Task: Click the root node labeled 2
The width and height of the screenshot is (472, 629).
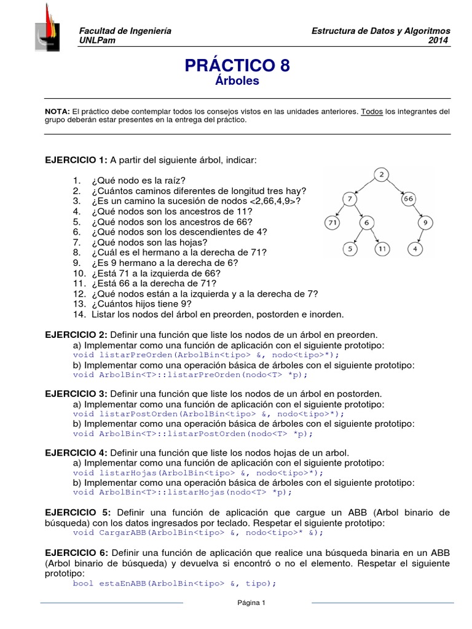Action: [382, 175]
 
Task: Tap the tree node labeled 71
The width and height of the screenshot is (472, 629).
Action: [332, 222]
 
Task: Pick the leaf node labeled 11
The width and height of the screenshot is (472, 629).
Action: [382, 249]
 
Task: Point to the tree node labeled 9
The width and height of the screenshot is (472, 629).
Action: [424, 222]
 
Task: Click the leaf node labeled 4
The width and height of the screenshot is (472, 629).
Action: [415, 249]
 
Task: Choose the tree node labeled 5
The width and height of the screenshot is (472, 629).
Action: [349, 249]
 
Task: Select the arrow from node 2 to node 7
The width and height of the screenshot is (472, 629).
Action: [365, 187]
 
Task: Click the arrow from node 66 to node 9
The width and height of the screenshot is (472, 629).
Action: [418, 211]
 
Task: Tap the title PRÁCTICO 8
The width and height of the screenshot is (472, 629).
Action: [237, 65]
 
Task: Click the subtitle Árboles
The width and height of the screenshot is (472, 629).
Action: [237, 81]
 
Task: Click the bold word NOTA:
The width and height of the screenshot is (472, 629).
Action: [58, 112]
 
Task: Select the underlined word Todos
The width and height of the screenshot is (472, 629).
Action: [372, 112]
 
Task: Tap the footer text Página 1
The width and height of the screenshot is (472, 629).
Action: [251, 603]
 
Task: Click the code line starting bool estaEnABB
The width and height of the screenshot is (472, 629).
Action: [175, 583]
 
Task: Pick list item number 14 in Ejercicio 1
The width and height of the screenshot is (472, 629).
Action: [209, 314]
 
